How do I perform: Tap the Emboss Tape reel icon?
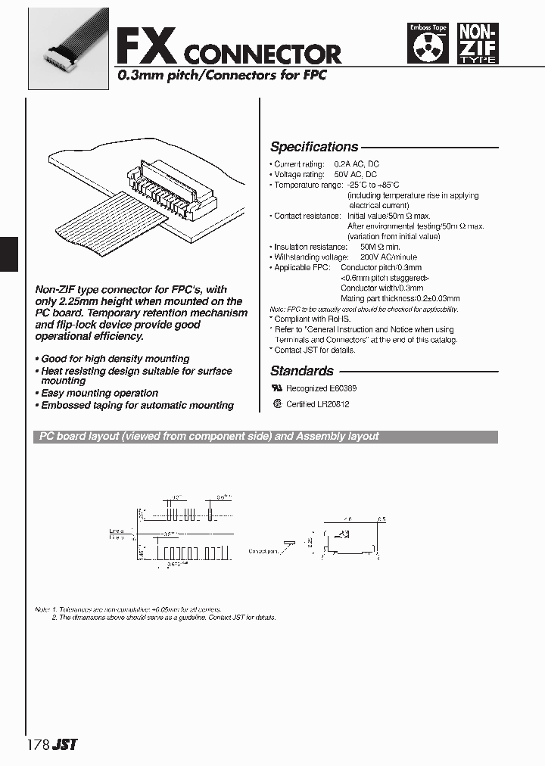tap(428, 43)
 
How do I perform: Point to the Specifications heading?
tap(314, 147)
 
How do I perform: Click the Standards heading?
tap(302, 371)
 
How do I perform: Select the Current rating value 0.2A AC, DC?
tap(358, 164)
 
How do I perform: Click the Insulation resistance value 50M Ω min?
tap(380, 247)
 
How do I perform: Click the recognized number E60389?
tap(341, 388)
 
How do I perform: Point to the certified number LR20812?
tap(333, 404)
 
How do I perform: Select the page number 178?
tap(38, 744)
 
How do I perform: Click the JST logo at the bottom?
tap(66, 744)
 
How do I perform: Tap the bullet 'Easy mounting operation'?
tap(99, 393)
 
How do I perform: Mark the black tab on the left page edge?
tap(8, 254)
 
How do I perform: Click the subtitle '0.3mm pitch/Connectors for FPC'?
tap(221, 76)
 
